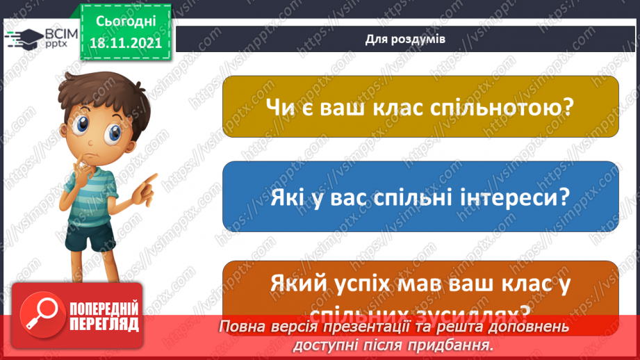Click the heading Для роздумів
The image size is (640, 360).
405,39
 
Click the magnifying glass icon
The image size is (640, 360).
38,313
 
